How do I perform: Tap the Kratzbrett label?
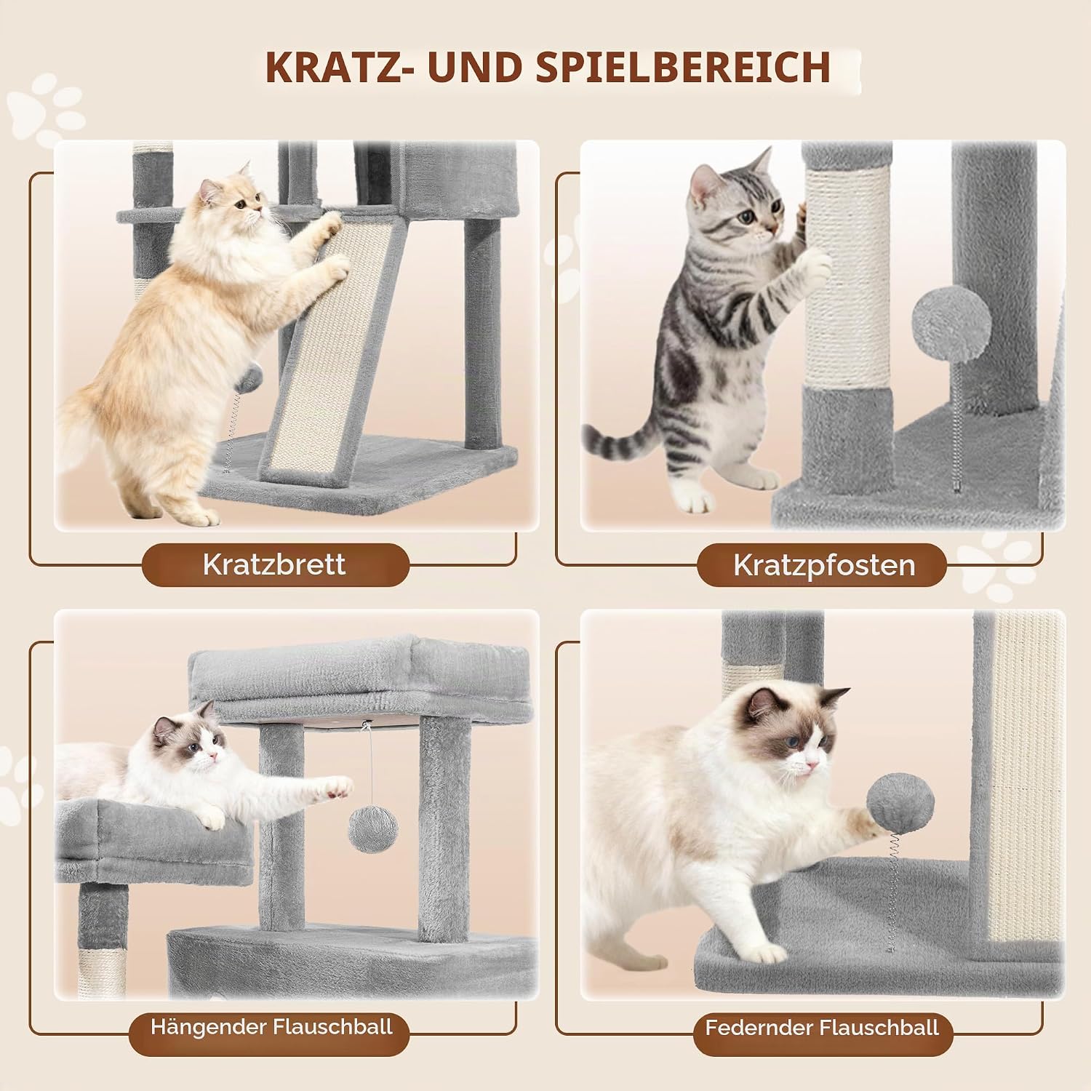tap(274, 564)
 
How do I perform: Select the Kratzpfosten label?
tap(824, 565)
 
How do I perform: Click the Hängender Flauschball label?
tap(271, 1026)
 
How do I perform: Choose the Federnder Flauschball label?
tap(822, 1028)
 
